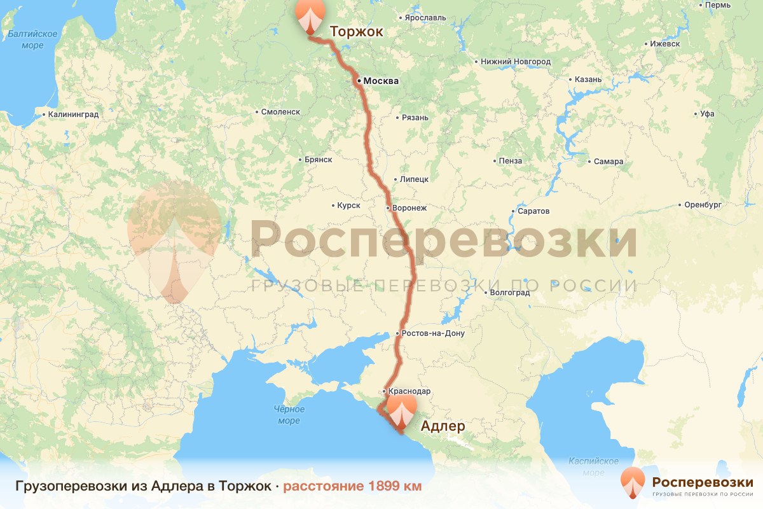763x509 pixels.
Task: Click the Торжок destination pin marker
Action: click(309, 15)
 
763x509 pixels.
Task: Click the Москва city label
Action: click(381, 81)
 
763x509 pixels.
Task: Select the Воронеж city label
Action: click(409, 208)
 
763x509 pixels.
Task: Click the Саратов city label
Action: click(534, 211)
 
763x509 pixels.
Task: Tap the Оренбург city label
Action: click(703, 205)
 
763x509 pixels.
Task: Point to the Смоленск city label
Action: click(280, 112)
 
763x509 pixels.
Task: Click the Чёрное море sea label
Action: click(289, 415)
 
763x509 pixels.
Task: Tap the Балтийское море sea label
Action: click(32, 39)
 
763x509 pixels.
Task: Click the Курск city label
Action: click(348, 206)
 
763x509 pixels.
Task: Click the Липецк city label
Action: click(414, 179)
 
